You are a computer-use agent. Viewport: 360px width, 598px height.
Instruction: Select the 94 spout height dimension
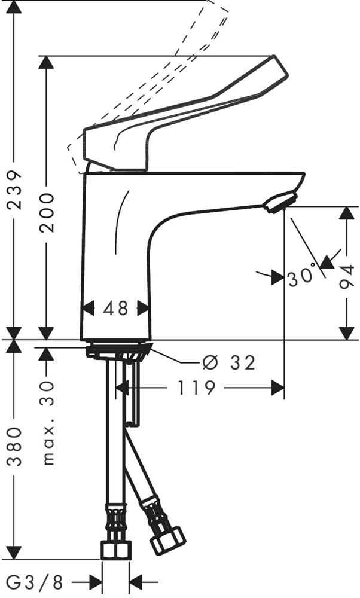click(x=347, y=276)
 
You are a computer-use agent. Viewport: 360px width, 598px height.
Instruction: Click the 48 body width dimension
click(x=115, y=309)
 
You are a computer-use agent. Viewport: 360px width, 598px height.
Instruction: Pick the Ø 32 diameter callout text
click(x=228, y=362)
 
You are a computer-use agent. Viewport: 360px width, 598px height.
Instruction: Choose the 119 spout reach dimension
click(x=196, y=388)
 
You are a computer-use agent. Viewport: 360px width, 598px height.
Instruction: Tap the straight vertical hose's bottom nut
click(x=115, y=550)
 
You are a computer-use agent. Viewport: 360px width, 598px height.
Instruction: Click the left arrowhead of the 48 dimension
click(x=88, y=309)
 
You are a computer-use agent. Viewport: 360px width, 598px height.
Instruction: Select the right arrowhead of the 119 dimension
click(x=277, y=388)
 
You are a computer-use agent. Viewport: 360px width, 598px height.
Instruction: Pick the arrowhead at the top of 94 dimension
click(x=347, y=213)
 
